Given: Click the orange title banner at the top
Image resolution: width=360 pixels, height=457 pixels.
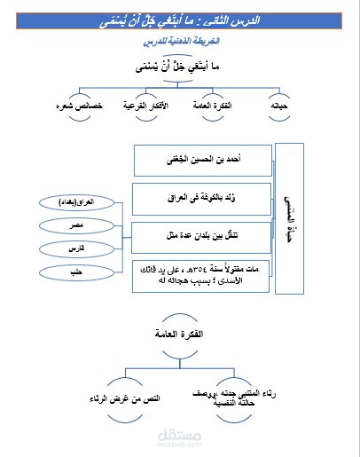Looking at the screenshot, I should tap(180, 18).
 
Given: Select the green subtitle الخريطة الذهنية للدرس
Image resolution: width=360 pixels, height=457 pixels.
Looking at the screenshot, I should tap(179, 41).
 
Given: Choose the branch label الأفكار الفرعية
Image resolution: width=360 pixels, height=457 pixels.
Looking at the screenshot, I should tap(150, 106).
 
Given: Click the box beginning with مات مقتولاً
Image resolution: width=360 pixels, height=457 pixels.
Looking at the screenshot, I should tap(202, 277).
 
